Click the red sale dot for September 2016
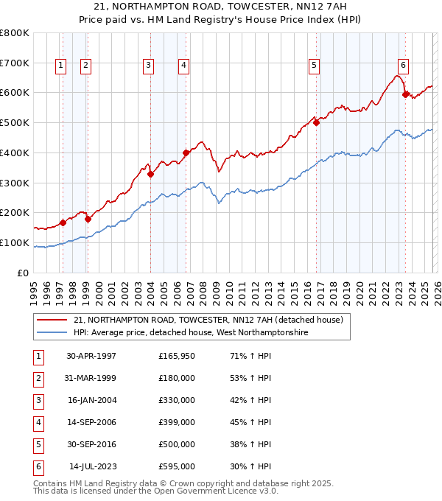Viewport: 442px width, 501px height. click(316, 123)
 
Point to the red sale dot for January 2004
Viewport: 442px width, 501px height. click(150, 175)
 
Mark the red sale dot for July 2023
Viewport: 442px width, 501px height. click(405, 94)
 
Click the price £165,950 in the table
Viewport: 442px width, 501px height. click(176, 356)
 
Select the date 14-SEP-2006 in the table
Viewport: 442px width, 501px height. click(91, 423)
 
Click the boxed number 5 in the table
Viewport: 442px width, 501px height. click(38, 445)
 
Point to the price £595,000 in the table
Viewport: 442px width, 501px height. click(176, 467)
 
